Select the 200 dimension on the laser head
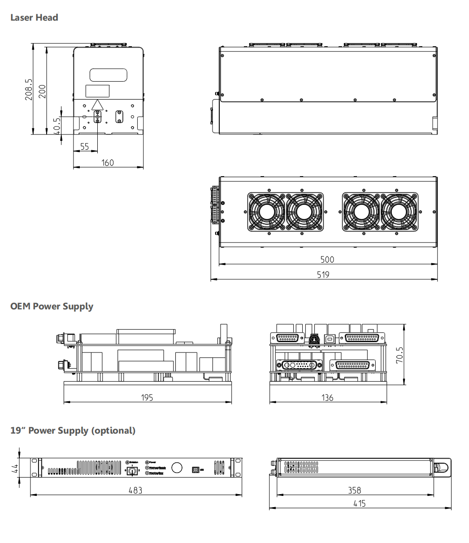(42, 91)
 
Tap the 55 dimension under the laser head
(84, 147)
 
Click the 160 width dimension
(108, 163)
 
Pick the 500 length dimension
(327, 259)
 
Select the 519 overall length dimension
(323, 274)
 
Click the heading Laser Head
(34, 17)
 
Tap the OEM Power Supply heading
(52, 306)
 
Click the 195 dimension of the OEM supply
(147, 397)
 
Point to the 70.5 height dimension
(400, 355)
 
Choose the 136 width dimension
(328, 397)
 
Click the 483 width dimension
(135, 490)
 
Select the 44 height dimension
(15, 469)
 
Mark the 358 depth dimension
(354, 490)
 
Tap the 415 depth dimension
(359, 504)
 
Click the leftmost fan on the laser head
(266, 211)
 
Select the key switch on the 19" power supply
(133, 470)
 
